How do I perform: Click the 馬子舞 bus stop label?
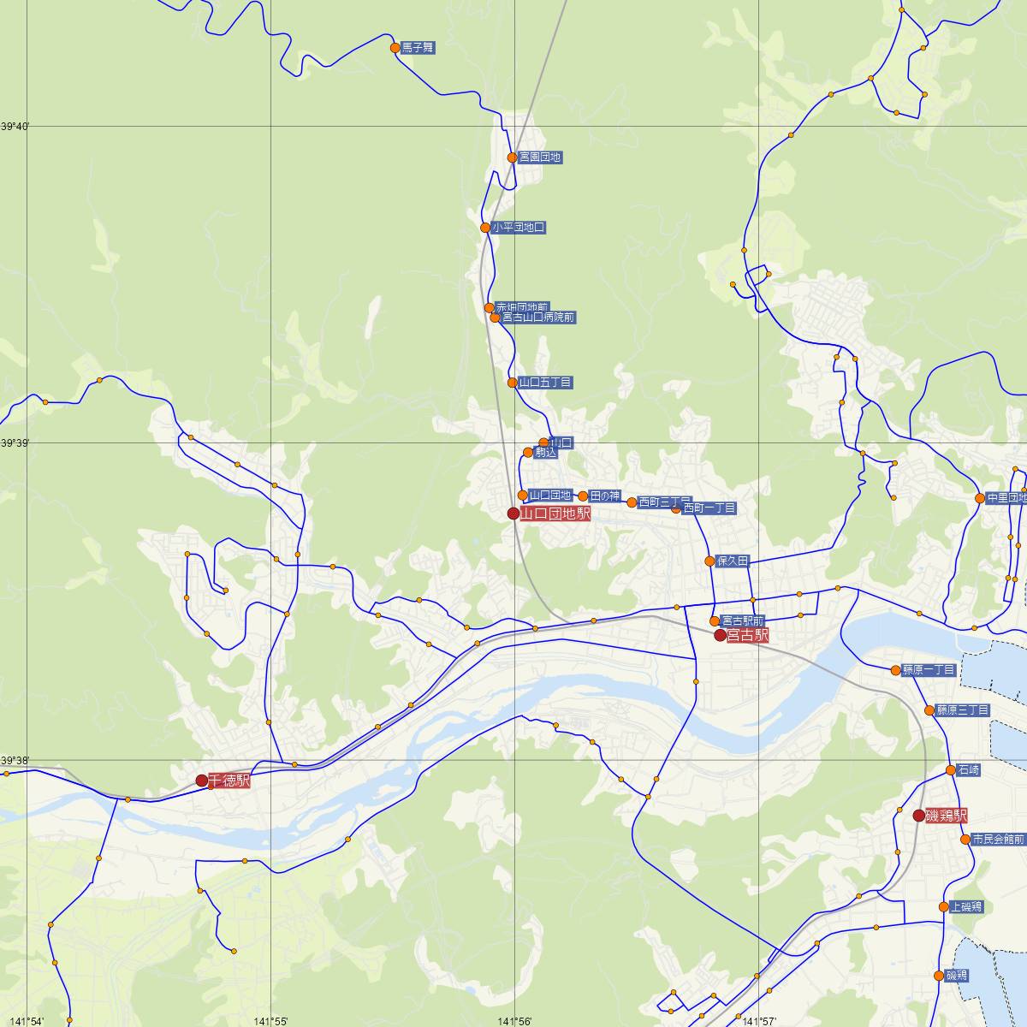coord(419,49)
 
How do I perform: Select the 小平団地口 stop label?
coord(518,228)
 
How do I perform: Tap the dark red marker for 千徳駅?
coord(201,781)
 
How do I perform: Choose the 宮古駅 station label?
coord(748,635)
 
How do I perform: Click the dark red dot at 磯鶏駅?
coord(918,816)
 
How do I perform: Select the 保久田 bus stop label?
coord(733,561)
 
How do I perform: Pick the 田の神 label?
coord(604,496)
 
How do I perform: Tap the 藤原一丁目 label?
coord(929,670)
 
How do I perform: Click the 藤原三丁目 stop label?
coord(963,710)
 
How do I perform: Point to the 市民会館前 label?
coord(997,840)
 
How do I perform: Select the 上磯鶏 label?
coord(965,907)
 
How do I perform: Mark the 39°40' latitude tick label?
coord(15,127)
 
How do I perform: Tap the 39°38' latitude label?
coord(15,760)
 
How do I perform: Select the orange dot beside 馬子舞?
coord(395,48)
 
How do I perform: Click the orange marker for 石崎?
coord(951,770)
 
